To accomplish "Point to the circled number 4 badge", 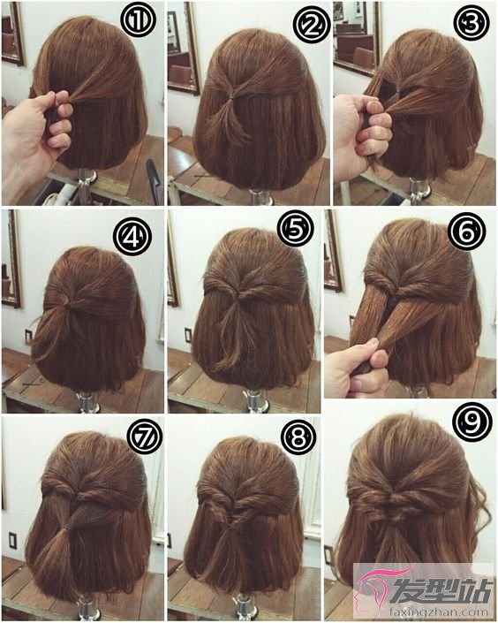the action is point(132,238).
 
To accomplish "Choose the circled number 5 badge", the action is point(296,229).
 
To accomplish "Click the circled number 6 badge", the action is point(467,231).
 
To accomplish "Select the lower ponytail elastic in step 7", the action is point(66,528).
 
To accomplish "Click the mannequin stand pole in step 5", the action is point(254,400).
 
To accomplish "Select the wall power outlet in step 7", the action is point(12,539).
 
